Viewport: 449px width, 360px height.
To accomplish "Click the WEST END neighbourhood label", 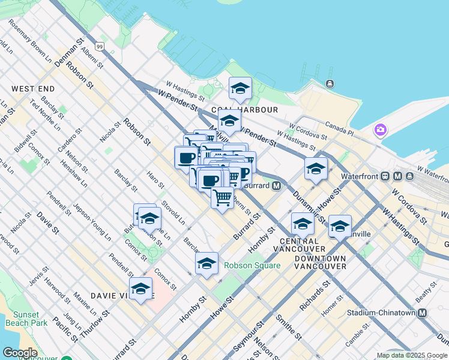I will (x=33, y=89).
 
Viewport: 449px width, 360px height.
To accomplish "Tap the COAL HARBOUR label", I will (x=244, y=110).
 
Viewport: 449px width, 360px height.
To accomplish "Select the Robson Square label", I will (x=252, y=265).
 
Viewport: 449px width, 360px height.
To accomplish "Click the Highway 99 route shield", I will (x=99, y=46).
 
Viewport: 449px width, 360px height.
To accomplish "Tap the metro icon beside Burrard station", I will (x=276, y=186).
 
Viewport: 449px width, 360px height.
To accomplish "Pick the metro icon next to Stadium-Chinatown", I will (x=423, y=313).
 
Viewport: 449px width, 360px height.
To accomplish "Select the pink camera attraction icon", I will (x=380, y=130).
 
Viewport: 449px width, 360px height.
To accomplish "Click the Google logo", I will (x=20, y=353).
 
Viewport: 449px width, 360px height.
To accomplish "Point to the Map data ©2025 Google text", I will (x=412, y=355).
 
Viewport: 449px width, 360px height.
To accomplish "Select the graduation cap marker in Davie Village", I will (x=141, y=289).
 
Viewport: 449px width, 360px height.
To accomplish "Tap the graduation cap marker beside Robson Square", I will (x=206, y=264).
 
